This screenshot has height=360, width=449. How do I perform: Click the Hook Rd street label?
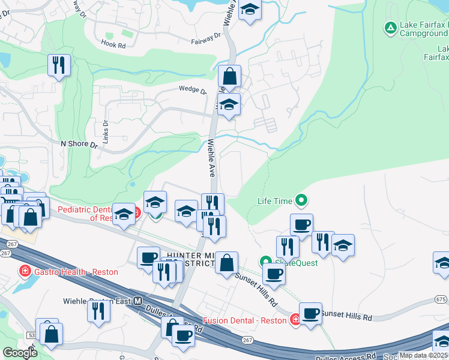[x=113, y=44]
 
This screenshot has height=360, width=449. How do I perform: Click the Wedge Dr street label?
[x=192, y=91]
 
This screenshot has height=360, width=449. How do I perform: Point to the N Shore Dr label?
[x=79, y=145]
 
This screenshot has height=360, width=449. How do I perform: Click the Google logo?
[x=20, y=353]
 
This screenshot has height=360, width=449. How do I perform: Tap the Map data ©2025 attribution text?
[x=424, y=355]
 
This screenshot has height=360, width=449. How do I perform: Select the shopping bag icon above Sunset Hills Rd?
[x=226, y=262]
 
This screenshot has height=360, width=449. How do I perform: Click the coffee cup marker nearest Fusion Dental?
[x=310, y=313]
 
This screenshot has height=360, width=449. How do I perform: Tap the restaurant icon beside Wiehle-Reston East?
[x=97, y=311]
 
